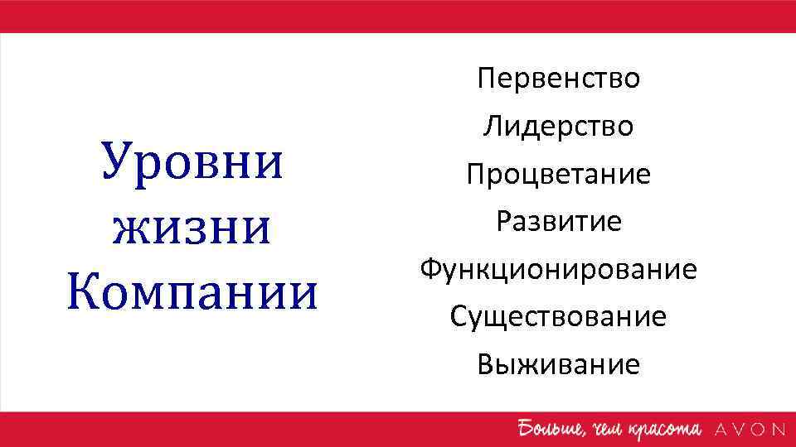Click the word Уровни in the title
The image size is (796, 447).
[x=192, y=162]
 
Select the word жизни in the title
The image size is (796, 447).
[x=192, y=227]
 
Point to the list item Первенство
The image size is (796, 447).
[x=558, y=79]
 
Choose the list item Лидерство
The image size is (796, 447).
[x=558, y=127]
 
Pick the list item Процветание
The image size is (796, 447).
[x=558, y=175]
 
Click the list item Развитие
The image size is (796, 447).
[x=558, y=222]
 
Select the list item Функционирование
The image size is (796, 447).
[x=558, y=270]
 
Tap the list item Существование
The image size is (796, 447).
[x=558, y=317]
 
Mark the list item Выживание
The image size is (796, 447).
[x=558, y=364]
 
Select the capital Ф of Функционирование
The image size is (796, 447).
[x=430, y=270]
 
